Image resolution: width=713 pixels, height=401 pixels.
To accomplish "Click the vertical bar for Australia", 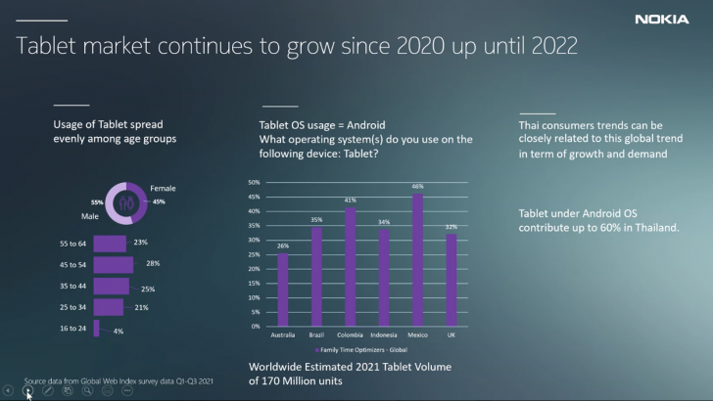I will (283, 290).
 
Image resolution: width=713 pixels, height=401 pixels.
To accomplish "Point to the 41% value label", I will (350, 200).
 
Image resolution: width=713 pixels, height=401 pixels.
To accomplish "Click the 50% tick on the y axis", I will (253, 183).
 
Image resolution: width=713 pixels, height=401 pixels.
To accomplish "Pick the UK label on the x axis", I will (451, 334).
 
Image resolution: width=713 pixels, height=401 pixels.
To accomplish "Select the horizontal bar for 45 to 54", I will (113, 264).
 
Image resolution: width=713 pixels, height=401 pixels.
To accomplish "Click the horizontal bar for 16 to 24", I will (96, 329).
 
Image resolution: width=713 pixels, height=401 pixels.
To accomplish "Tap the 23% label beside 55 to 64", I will (140, 243).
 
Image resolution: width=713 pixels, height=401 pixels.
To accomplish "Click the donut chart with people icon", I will (125, 202).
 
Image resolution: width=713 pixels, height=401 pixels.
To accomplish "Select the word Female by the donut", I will (163, 187).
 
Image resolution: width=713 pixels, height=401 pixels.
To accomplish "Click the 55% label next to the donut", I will (97, 200).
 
